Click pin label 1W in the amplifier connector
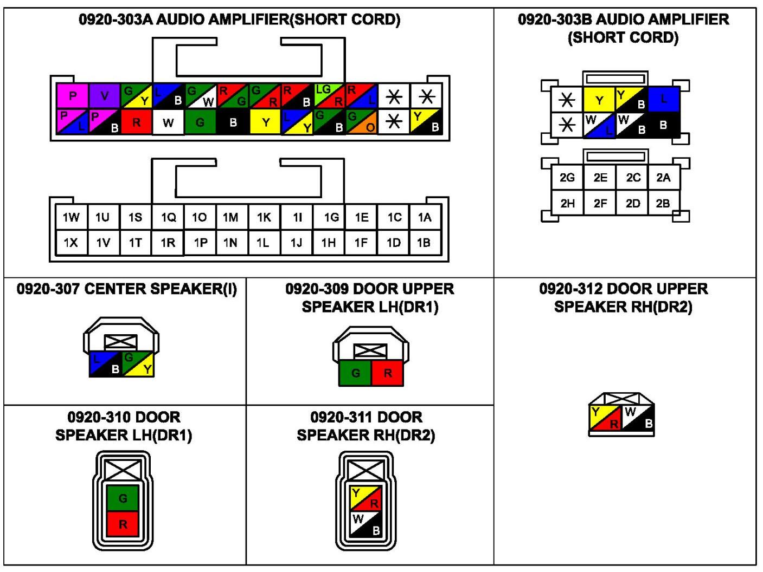(x=71, y=217)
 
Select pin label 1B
(x=424, y=243)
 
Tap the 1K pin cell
(x=264, y=217)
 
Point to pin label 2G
(x=567, y=178)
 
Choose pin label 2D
(x=633, y=204)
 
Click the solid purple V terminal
(x=105, y=96)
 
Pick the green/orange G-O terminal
(x=361, y=122)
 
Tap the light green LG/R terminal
(x=329, y=96)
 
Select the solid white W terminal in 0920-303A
(x=168, y=122)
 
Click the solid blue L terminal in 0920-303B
(x=664, y=99)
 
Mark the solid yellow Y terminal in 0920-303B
(x=599, y=100)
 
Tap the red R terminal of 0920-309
(x=388, y=373)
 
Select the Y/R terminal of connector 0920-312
(x=605, y=418)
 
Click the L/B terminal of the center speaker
(x=106, y=364)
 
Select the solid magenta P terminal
(x=73, y=96)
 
